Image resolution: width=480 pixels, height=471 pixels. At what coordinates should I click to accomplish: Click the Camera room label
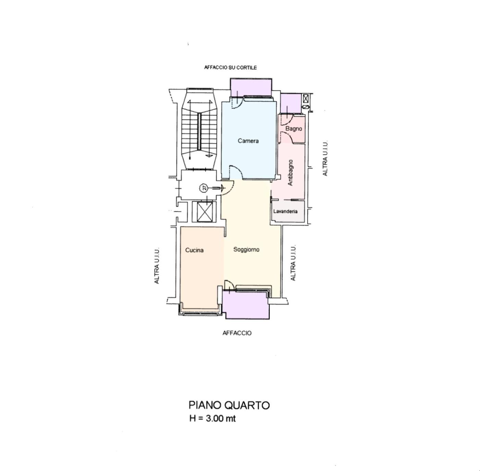click(248, 141)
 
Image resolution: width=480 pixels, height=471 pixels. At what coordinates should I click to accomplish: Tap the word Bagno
click(294, 129)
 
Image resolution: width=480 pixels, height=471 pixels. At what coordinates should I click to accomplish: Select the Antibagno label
click(290, 172)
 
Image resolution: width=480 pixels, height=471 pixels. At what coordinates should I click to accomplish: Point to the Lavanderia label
click(285, 212)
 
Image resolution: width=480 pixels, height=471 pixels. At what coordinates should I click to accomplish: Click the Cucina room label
click(194, 250)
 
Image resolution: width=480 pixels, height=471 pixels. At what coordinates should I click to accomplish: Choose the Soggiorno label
click(247, 250)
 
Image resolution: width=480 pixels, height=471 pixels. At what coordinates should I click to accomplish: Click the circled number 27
click(204, 188)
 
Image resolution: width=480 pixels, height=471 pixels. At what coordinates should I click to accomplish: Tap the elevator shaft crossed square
click(205, 212)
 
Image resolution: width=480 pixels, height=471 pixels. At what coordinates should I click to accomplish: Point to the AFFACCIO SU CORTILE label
click(230, 68)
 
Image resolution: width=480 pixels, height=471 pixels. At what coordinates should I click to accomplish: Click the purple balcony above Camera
click(251, 87)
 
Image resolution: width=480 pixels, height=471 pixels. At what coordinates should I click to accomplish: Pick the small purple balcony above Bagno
click(291, 103)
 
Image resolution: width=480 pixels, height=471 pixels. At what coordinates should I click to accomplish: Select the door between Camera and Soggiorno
click(236, 172)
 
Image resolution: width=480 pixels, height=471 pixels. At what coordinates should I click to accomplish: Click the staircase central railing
click(199, 131)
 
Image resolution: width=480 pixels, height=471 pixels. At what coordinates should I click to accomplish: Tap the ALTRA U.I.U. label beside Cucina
click(157, 266)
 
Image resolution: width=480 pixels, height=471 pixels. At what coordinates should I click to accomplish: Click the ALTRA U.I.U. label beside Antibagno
click(325, 158)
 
